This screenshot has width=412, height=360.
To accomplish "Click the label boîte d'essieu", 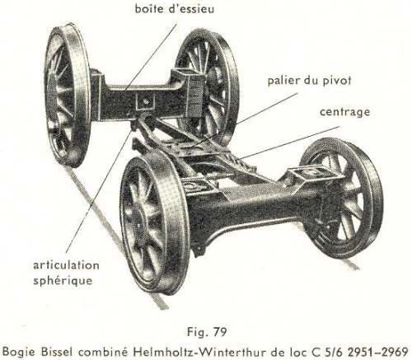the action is [x=175, y=9].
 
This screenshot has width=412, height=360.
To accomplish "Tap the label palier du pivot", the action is [x=310, y=81].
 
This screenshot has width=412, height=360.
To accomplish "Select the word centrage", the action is [x=344, y=112].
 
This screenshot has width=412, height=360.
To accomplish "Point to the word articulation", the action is [x=66, y=265].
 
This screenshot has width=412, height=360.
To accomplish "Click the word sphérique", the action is [x=63, y=281].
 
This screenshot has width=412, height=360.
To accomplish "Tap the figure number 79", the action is [x=219, y=332].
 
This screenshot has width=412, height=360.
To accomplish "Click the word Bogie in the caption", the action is [x=20, y=352].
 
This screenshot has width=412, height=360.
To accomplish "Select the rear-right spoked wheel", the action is [x=208, y=88].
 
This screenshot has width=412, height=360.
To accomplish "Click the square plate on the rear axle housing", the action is [x=146, y=101].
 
